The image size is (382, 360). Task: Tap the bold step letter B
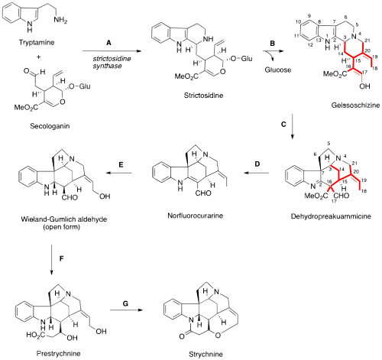coord(272,45)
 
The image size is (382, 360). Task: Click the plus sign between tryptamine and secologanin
coord(30,76)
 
